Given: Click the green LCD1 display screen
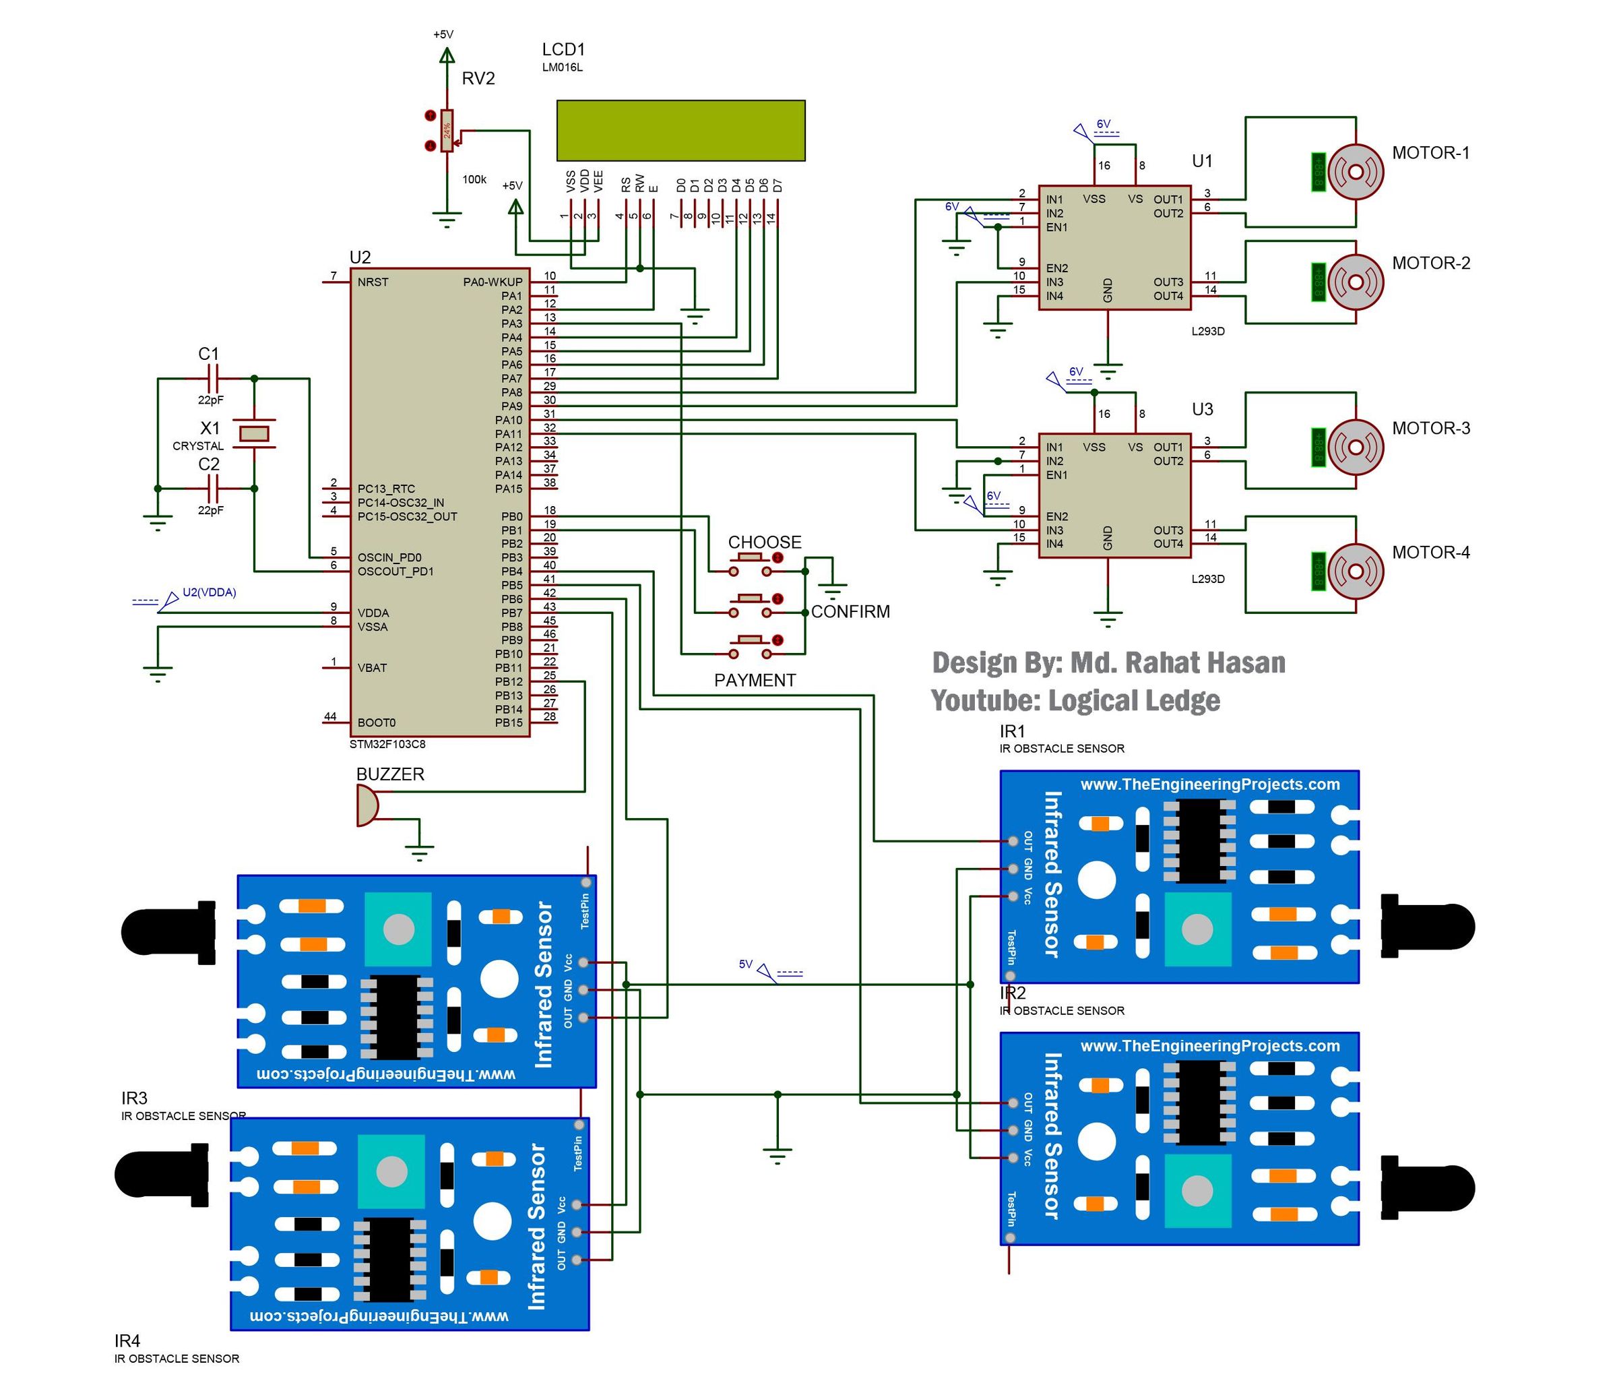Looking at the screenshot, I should pos(680,130).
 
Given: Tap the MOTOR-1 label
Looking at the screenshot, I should pos(1430,153).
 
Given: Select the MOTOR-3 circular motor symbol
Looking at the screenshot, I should pos(1356,447).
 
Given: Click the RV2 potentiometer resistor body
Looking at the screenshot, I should pos(447,130).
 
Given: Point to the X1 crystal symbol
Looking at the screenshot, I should pos(253,433).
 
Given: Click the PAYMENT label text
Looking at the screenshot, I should pos(755,681).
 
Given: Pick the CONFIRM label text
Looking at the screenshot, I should pos(850,612).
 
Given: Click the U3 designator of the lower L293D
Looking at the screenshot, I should pos(1202,410).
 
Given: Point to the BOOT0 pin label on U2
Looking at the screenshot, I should pos(376,723).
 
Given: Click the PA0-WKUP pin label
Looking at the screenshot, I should pos(493,282).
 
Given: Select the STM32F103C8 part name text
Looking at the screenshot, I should pos(387,745).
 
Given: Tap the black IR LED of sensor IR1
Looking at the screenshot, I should pos(1428,927).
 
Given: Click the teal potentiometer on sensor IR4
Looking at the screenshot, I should pos(391,1171).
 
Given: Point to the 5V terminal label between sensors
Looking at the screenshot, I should pos(745,965).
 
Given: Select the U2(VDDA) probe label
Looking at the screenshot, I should pos(209,592).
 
